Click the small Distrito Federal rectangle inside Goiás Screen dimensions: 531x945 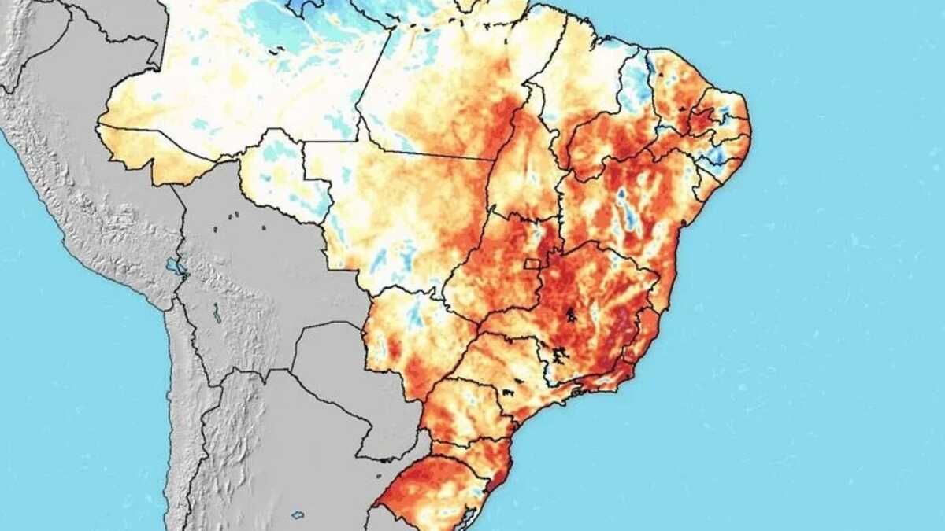[x=533, y=264]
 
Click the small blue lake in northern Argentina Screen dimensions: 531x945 [x=298, y=515]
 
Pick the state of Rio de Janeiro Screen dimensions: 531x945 [x=610, y=376]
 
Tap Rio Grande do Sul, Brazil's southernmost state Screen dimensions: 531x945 [x=429, y=492]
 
